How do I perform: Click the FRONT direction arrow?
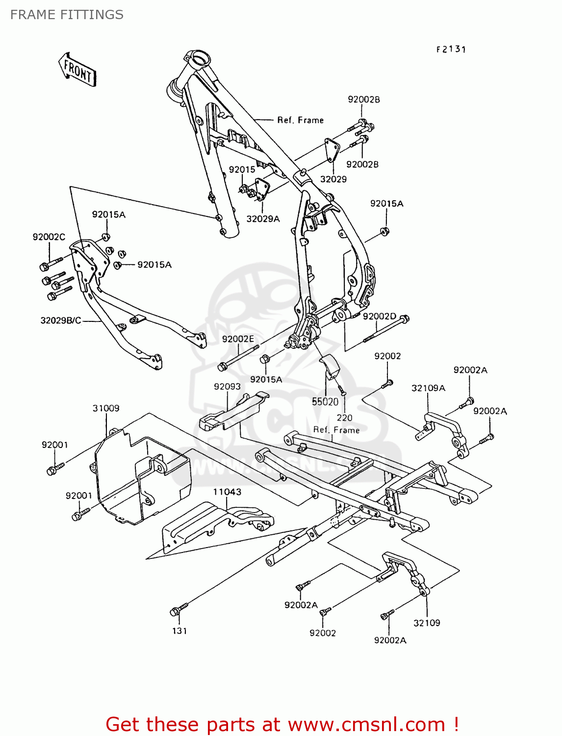(77, 70)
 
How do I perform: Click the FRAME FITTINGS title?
(67, 15)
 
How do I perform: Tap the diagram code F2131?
(451, 49)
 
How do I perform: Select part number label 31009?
(106, 408)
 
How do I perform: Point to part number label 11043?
(227, 492)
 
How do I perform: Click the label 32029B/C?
(61, 321)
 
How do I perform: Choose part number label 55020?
(325, 402)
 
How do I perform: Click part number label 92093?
(227, 387)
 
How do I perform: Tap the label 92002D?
(380, 316)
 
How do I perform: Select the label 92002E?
(238, 339)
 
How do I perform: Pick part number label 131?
(179, 631)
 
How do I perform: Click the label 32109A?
(428, 388)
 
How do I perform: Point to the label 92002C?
(49, 237)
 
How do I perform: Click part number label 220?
(344, 418)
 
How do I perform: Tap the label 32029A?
(263, 219)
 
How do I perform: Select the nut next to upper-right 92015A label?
(385, 231)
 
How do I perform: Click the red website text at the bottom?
(282, 724)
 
